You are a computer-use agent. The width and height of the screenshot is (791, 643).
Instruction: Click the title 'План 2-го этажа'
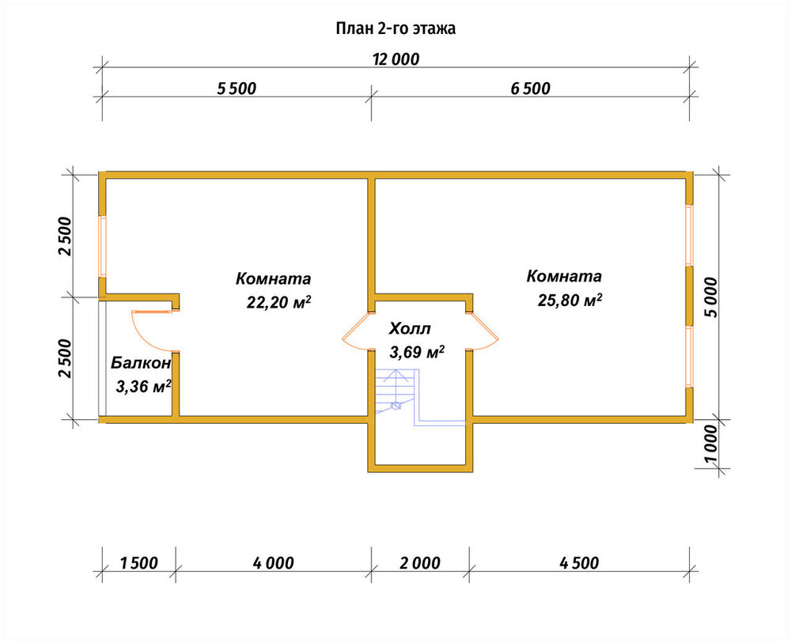[395, 28]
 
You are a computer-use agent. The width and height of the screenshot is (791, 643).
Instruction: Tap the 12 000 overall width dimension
[396, 59]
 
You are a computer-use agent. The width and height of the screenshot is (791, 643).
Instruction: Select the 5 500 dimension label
[237, 89]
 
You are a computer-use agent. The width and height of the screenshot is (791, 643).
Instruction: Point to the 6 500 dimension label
[530, 89]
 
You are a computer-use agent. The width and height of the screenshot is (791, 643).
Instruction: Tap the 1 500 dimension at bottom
[139, 563]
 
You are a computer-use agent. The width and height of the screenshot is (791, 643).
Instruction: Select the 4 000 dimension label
[274, 563]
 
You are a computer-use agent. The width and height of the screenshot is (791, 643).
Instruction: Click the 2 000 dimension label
[420, 563]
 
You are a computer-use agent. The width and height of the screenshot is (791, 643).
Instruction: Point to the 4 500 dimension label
[579, 563]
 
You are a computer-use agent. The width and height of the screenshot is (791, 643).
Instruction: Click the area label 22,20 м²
[278, 301]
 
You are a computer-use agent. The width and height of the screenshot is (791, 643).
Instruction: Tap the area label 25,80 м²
[570, 300]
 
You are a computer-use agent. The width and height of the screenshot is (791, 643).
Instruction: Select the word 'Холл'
[410, 329]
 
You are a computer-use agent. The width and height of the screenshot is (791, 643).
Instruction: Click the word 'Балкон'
[142, 362]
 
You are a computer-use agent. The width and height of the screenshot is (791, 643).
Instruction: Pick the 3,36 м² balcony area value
[144, 387]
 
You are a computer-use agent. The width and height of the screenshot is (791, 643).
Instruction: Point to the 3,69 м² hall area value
[417, 351]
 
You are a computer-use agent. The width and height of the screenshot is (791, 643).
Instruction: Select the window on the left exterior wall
[102, 247]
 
